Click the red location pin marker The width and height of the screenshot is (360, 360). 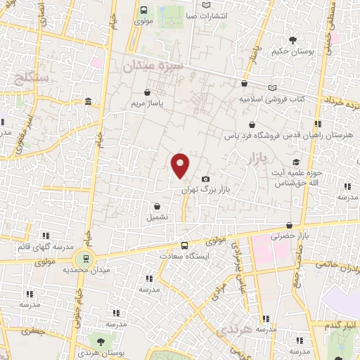pos(181,165)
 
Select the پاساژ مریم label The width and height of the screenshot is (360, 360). pos(146,103)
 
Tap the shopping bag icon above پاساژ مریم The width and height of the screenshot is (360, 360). pos(146,91)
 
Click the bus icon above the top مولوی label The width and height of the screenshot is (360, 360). pos(143,10)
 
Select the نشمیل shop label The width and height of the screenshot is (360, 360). pos(157,217)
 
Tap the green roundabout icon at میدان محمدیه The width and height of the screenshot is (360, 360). pos(84,258)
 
